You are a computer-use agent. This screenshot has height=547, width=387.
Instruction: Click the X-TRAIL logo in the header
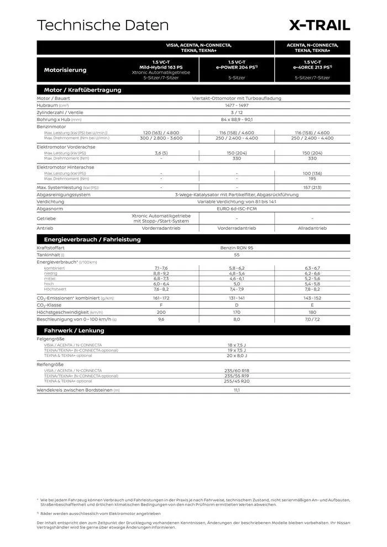[320, 25]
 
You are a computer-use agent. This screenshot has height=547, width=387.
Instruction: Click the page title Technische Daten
[102, 25]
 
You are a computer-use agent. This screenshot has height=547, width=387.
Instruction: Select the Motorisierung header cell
[65, 70]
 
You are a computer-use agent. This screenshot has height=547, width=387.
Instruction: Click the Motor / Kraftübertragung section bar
[82, 90]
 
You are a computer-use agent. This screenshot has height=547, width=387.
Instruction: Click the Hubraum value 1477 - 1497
[237, 105]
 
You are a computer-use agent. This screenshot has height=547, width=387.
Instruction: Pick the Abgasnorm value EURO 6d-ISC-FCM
[237, 209]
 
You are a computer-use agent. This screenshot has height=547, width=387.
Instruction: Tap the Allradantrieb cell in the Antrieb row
[312, 228]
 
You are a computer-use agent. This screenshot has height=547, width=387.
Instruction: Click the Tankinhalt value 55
[237, 255]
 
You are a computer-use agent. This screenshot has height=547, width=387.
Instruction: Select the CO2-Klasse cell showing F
[161, 305]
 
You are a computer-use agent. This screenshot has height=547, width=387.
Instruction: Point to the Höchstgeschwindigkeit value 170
[237, 312]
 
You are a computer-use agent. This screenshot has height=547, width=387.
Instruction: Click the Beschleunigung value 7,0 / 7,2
[312, 319]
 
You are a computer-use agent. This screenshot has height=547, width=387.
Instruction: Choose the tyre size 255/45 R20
[237, 381]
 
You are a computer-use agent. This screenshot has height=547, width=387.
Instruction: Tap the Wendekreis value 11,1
[237, 390]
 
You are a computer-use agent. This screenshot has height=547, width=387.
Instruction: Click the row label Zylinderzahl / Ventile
[60, 112]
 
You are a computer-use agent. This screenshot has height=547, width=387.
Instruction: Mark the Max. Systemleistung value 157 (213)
[312, 188]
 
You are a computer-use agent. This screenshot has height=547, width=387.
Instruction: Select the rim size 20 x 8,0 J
[237, 355]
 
